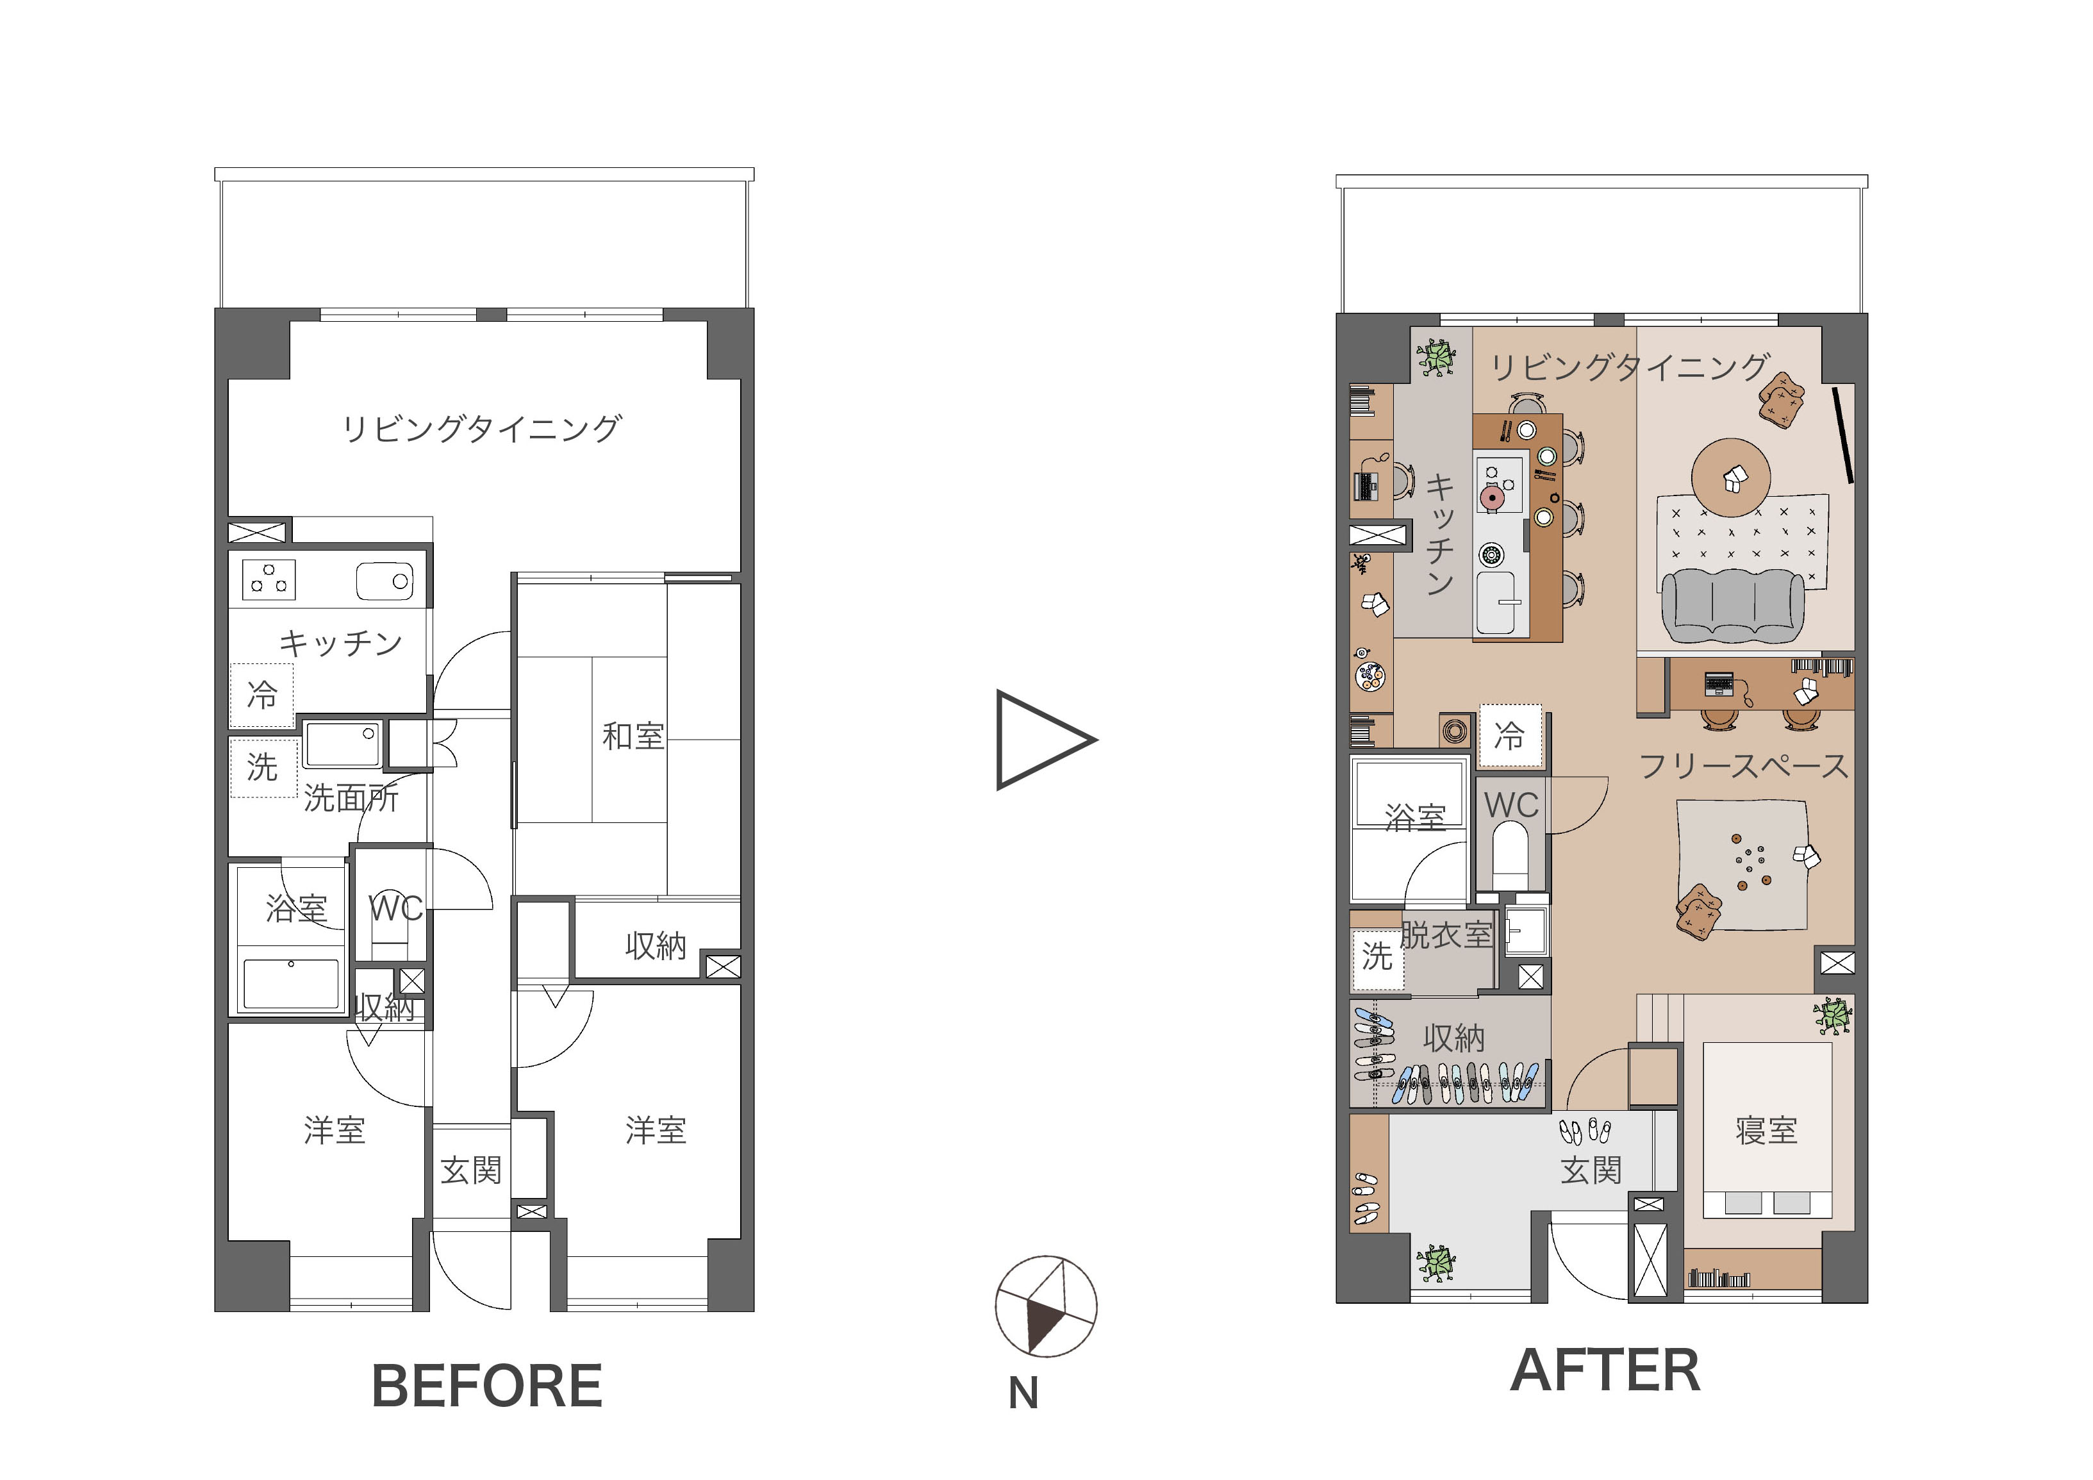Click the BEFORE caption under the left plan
(487, 1386)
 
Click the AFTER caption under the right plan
(1605, 1370)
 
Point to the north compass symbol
(1046, 1306)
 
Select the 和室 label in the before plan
(633, 736)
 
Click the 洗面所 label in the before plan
(351, 798)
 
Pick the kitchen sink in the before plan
(385, 581)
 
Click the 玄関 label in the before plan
(471, 1170)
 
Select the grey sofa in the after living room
(1733, 604)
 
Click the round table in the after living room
(1731, 477)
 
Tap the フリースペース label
(1744, 766)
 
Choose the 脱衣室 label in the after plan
(1446, 935)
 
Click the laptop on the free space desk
(1718, 684)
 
